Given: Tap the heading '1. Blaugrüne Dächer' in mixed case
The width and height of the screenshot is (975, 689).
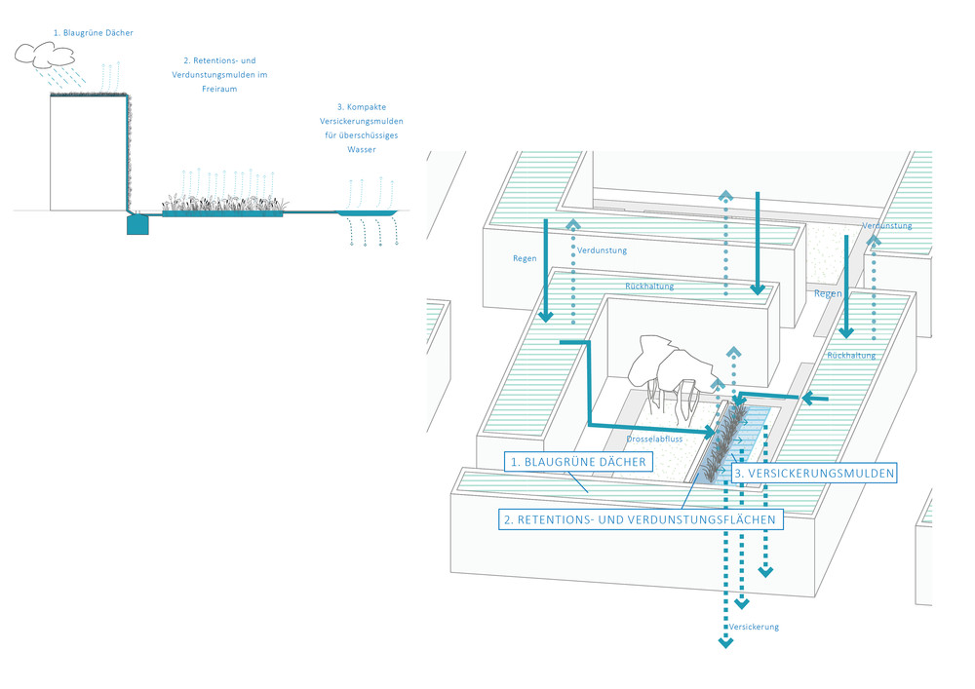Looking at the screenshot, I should pyautogui.click(x=94, y=33).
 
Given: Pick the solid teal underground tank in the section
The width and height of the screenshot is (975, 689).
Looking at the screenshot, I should pyautogui.click(x=137, y=224).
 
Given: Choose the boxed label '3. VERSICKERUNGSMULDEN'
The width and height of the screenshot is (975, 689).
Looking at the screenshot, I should pyautogui.click(x=813, y=473).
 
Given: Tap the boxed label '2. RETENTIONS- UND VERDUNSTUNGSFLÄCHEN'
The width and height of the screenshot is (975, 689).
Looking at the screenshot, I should pyautogui.click(x=642, y=520).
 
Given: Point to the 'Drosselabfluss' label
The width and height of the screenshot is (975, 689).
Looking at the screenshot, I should pyautogui.click(x=655, y=440).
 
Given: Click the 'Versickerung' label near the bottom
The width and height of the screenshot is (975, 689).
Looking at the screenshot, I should pyautogui.click(x=754, y=627).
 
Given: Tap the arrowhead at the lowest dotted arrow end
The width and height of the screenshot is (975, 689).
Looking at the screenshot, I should pyautogui.click(x=724, y=641).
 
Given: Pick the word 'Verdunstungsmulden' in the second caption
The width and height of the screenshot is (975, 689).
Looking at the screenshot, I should pyautogui.click(x=204, y=74).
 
